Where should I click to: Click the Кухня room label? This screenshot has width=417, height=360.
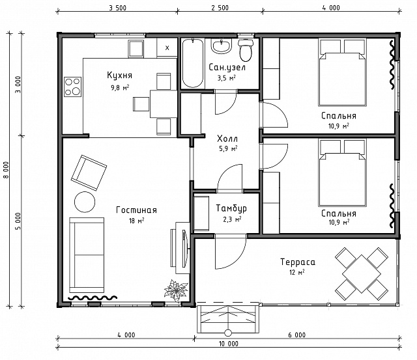click(x=119, y=75)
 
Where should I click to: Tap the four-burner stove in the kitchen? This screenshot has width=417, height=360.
click(x=72, y=87)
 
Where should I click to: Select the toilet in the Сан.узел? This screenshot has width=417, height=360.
click(x=246, y=51)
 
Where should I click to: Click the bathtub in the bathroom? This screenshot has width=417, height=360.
click(x=193, y=63)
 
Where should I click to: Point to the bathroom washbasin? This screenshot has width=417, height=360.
click(x=222, y=46)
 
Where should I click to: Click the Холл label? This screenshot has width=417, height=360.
click(x=227, y=139)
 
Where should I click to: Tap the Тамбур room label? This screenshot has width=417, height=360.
click(x=231, y=208)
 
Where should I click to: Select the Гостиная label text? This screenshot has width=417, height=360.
click(x=136, y=210)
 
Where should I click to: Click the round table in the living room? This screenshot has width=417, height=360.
click(x=85, y=202)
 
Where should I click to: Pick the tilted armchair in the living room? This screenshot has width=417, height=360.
click(x=89, y=173)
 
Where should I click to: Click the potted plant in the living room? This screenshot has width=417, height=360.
click(x=176, y=290)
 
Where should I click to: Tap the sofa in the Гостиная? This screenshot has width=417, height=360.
click(x=87, y=255)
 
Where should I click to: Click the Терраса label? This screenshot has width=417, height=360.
click(x=298, y=262)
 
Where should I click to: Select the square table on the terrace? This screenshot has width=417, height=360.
click(x=362, y=274)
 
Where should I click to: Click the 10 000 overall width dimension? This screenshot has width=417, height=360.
click(x=229, y=344)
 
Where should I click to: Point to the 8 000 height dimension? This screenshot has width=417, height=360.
click(x=6, y=170)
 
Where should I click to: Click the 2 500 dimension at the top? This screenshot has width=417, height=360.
click(x=220, y=8)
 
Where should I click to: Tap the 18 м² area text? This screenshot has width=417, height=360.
click(x=137, y=221)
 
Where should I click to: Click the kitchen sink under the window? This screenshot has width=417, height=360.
click(x=136, y=49)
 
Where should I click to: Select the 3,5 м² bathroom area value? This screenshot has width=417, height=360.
click(x=227, y=78)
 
